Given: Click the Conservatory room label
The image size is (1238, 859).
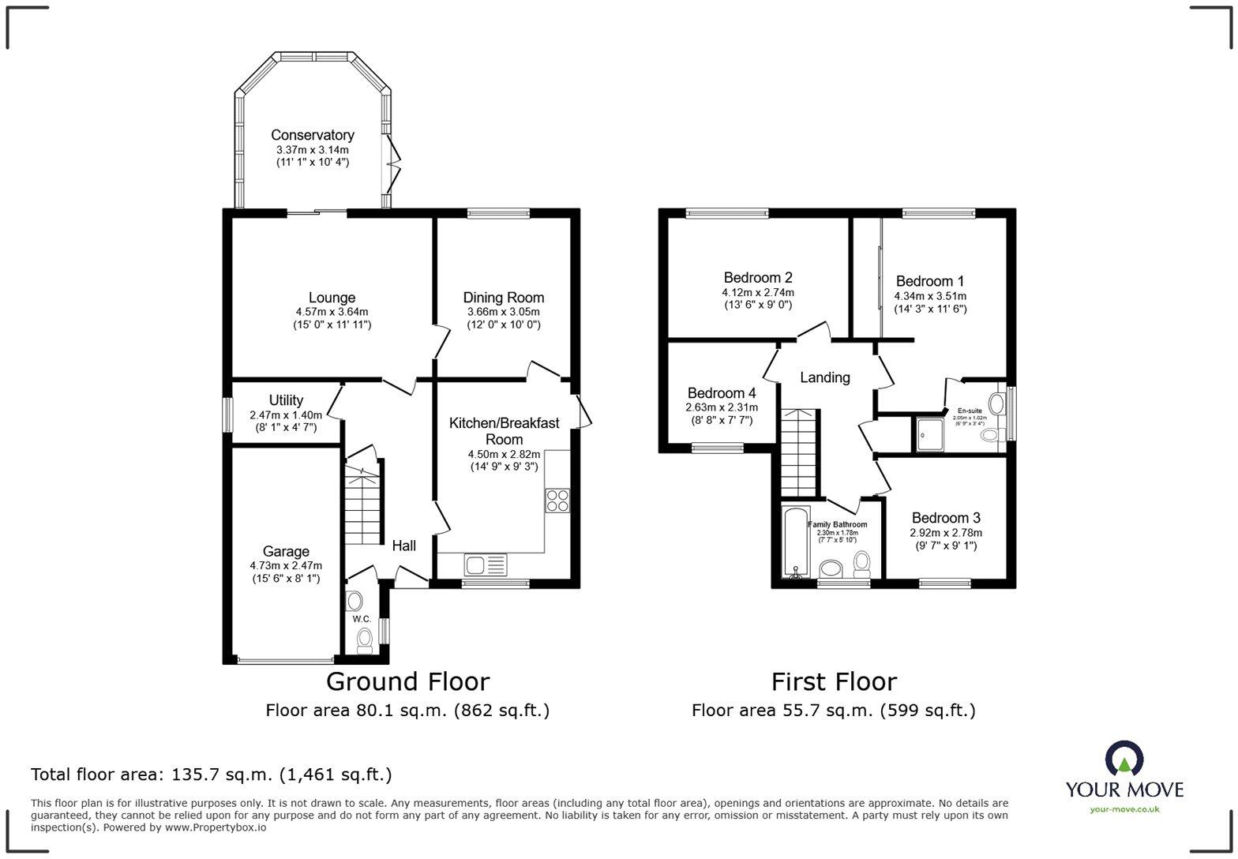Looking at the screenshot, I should click(312, 135).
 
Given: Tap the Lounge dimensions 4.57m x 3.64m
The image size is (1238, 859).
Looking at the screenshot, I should click(332, 312).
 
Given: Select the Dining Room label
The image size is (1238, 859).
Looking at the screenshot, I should click(503, 298).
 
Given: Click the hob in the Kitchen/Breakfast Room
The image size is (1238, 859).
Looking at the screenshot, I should click(557, 501).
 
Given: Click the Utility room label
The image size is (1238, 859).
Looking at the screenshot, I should click(285, 400).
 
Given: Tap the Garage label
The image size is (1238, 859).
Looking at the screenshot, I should click(285, 551).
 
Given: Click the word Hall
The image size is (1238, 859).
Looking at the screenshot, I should click(403, 546).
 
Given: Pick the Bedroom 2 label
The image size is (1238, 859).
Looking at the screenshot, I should click(757, 277).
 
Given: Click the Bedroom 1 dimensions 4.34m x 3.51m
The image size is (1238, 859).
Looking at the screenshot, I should click(929, 296).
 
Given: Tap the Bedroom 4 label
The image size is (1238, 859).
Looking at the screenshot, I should click(721, 393).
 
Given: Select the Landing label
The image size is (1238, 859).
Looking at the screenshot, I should click(824, 377).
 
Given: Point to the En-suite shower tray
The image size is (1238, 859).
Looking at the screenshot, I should click(928, 434).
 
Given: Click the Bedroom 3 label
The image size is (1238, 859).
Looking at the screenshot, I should click(945, 518).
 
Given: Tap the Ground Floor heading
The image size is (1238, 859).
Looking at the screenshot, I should click(407, 681).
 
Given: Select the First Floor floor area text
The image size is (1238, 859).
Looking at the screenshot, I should click(833, 711).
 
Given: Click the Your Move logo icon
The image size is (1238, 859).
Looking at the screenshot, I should click(1124, 759).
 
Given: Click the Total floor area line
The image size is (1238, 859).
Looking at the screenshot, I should click(211, 775).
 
